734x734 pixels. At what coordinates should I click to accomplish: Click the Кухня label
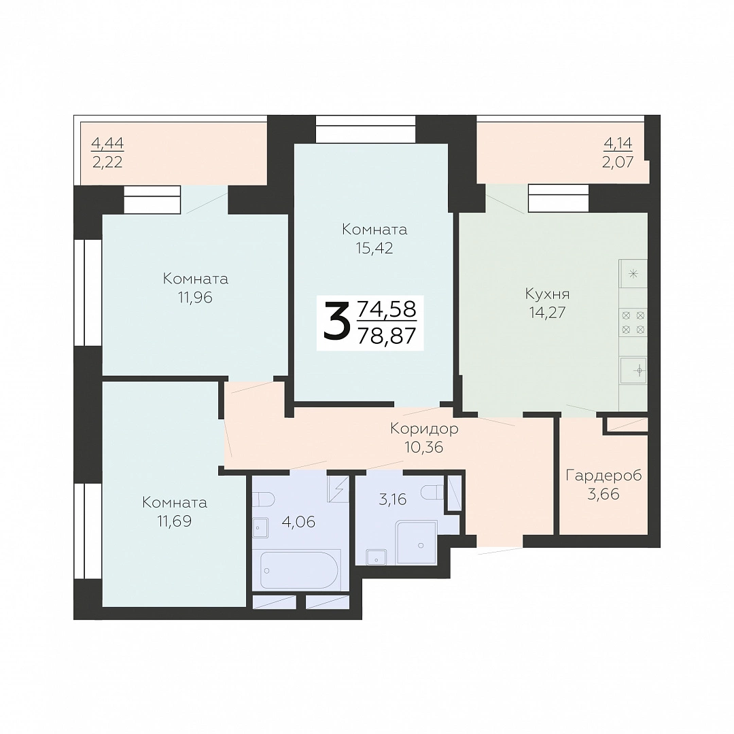pyautogui.click(x=547, y=295)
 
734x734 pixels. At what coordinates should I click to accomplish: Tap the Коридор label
pyautogui.click(x=424, y=428)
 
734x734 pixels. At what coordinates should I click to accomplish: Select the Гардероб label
pyautogui.click(x=604, y=475)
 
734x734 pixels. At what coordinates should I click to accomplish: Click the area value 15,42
pyautogui.click(x=374, y=248)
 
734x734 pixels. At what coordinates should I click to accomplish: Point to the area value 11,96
pyautogui.click(x=195, y=297)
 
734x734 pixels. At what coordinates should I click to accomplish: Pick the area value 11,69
pyautogui.click(x=175, y=521)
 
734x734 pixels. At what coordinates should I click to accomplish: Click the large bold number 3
pyautogui.click(x=336, y=321)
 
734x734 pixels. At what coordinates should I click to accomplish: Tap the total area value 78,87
pyautogui.click(x=387, y=336)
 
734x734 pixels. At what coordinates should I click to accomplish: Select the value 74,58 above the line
pyautogui.click(x=387, y=309)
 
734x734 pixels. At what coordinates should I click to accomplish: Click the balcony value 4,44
pyautogui.click(x=107, y=143)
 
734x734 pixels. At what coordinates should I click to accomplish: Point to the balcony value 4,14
pyautogui.click(x=618, y=143)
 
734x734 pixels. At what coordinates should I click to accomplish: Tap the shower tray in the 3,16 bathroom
pyautogui.click(x=416, y=541)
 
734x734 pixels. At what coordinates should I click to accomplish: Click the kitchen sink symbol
pyautogui.click(x=633, y=371)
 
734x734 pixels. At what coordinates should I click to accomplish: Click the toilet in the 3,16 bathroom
pyautogui.click(x=432, y=492)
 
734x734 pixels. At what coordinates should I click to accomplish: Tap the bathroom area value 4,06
pyautogui.click(x=298, y=521)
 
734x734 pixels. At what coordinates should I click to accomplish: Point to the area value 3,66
pyautogui.click(x=604, y=494)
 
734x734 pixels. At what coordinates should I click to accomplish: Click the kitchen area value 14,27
pyautogui.click(x=547, y=312)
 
